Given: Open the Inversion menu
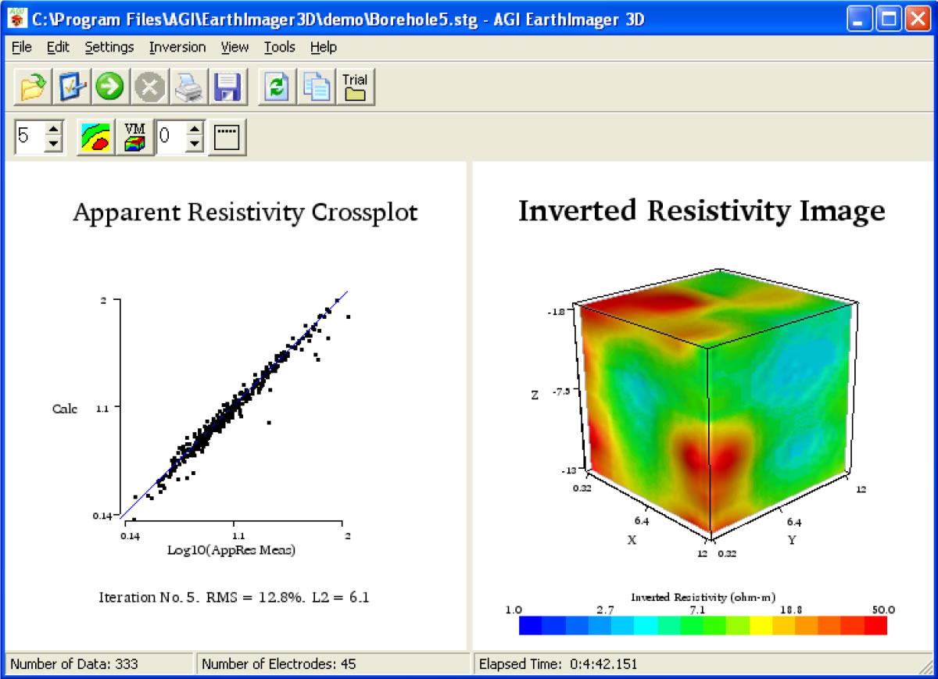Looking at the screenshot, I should pos(177,47).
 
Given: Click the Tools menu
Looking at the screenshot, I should pos(279,47).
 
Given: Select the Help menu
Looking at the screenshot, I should pos(323,47).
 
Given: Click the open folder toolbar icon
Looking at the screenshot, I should pos(33,86).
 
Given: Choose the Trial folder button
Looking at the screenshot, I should pos(355,86).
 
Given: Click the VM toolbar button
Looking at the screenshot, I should pos(135,137).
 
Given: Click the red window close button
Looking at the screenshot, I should pos(916,19).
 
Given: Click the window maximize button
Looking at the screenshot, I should pos(889,19).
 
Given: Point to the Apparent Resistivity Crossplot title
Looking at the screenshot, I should pos(245,213).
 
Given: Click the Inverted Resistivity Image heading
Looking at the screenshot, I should pos(701,211).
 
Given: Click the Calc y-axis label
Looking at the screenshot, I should pos(65,409).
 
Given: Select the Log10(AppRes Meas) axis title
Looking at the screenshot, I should pos(231,550).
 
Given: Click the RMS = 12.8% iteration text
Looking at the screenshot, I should pos(234,598).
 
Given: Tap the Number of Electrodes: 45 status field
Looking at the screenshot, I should pos(278,664).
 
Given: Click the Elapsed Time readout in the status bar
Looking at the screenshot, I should pos(558,664).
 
